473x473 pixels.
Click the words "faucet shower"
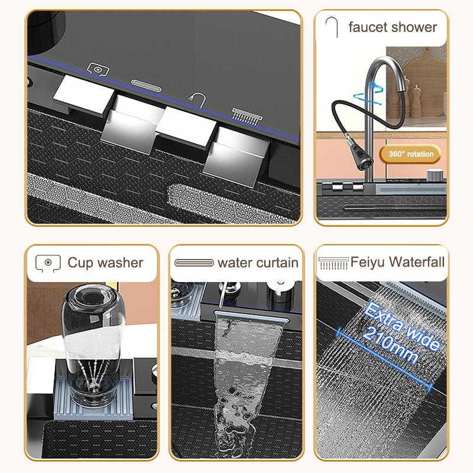pyautogui.click(x=393, y=27)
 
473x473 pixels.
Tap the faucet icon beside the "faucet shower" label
pyautogui.click(x=332, y=27)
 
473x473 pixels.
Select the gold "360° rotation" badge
pyautogui.click(x=411, y=154)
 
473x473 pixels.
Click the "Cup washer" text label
pyautogui.click(x=105, y=262)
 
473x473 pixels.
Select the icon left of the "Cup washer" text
pyautogui.click(x=48, y=262)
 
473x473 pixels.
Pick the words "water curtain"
pyautogui.click(x=258, y=262)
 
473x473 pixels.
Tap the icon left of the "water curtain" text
pyautogui.click(x=194, y=263)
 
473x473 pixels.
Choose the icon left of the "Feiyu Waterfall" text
pyautogui.click(x=332, y=262)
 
